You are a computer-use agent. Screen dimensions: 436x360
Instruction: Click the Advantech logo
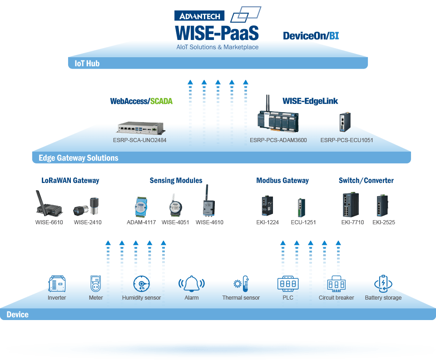[199, 16]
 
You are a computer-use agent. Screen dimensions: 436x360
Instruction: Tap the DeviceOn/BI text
[311, 36]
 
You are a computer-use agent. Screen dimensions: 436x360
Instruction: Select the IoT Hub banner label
[87, 64]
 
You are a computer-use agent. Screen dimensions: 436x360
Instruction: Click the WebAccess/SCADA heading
[141, 101]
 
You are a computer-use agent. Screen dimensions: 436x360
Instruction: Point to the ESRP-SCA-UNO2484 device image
[141, 128]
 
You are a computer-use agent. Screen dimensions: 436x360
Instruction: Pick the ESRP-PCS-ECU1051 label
[347, 140]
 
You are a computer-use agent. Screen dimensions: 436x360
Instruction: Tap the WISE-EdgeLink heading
[310, 101]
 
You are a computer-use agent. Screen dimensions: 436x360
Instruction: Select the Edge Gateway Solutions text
[79, 158]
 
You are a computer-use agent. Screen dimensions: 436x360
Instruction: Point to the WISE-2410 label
[88, 222]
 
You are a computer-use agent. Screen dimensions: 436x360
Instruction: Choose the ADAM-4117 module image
[141, 207]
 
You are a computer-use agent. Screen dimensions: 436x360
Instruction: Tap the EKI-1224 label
[267, 222]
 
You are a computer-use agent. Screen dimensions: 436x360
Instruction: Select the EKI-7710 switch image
[351, 204]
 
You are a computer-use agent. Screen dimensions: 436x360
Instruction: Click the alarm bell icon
[191, 284]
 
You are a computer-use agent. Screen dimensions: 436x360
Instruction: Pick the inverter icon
[57, 284]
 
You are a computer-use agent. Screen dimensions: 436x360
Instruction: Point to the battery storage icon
[383, 284]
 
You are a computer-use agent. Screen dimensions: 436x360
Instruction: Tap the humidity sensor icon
[142, 284]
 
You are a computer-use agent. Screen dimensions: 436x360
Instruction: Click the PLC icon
[288, 284]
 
